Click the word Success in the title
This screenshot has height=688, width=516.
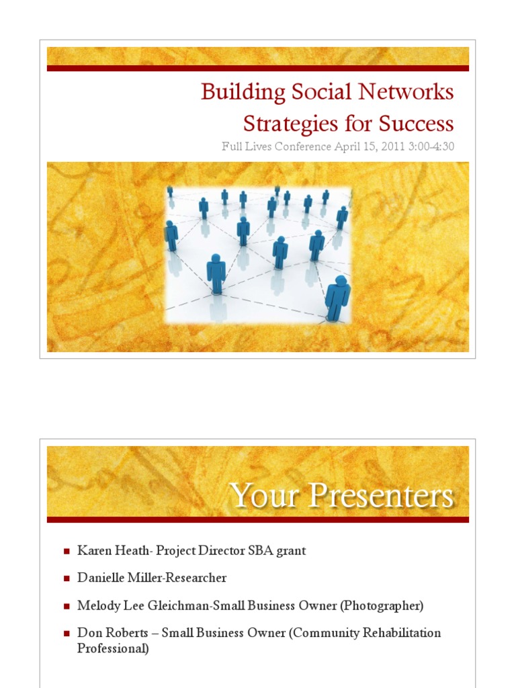pyautogui.click(x=416, y=124)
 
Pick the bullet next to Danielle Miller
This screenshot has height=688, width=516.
pyautogui.click(x=67, y=578)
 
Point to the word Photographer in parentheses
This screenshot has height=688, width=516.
pyautogui.click(x=381, y=605)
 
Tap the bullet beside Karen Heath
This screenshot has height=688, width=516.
pyautogui.click(x=67, y=552)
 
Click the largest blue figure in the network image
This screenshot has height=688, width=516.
pyautogui.click(x=337, y=298)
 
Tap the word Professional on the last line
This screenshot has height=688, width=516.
pyautogui.click(x=113, y=649)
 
